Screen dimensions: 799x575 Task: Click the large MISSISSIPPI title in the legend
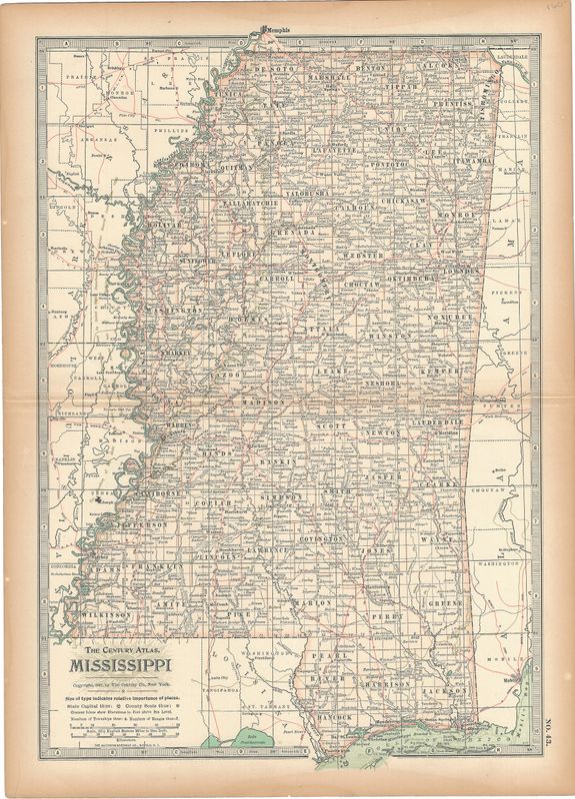[x=117, y=663]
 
